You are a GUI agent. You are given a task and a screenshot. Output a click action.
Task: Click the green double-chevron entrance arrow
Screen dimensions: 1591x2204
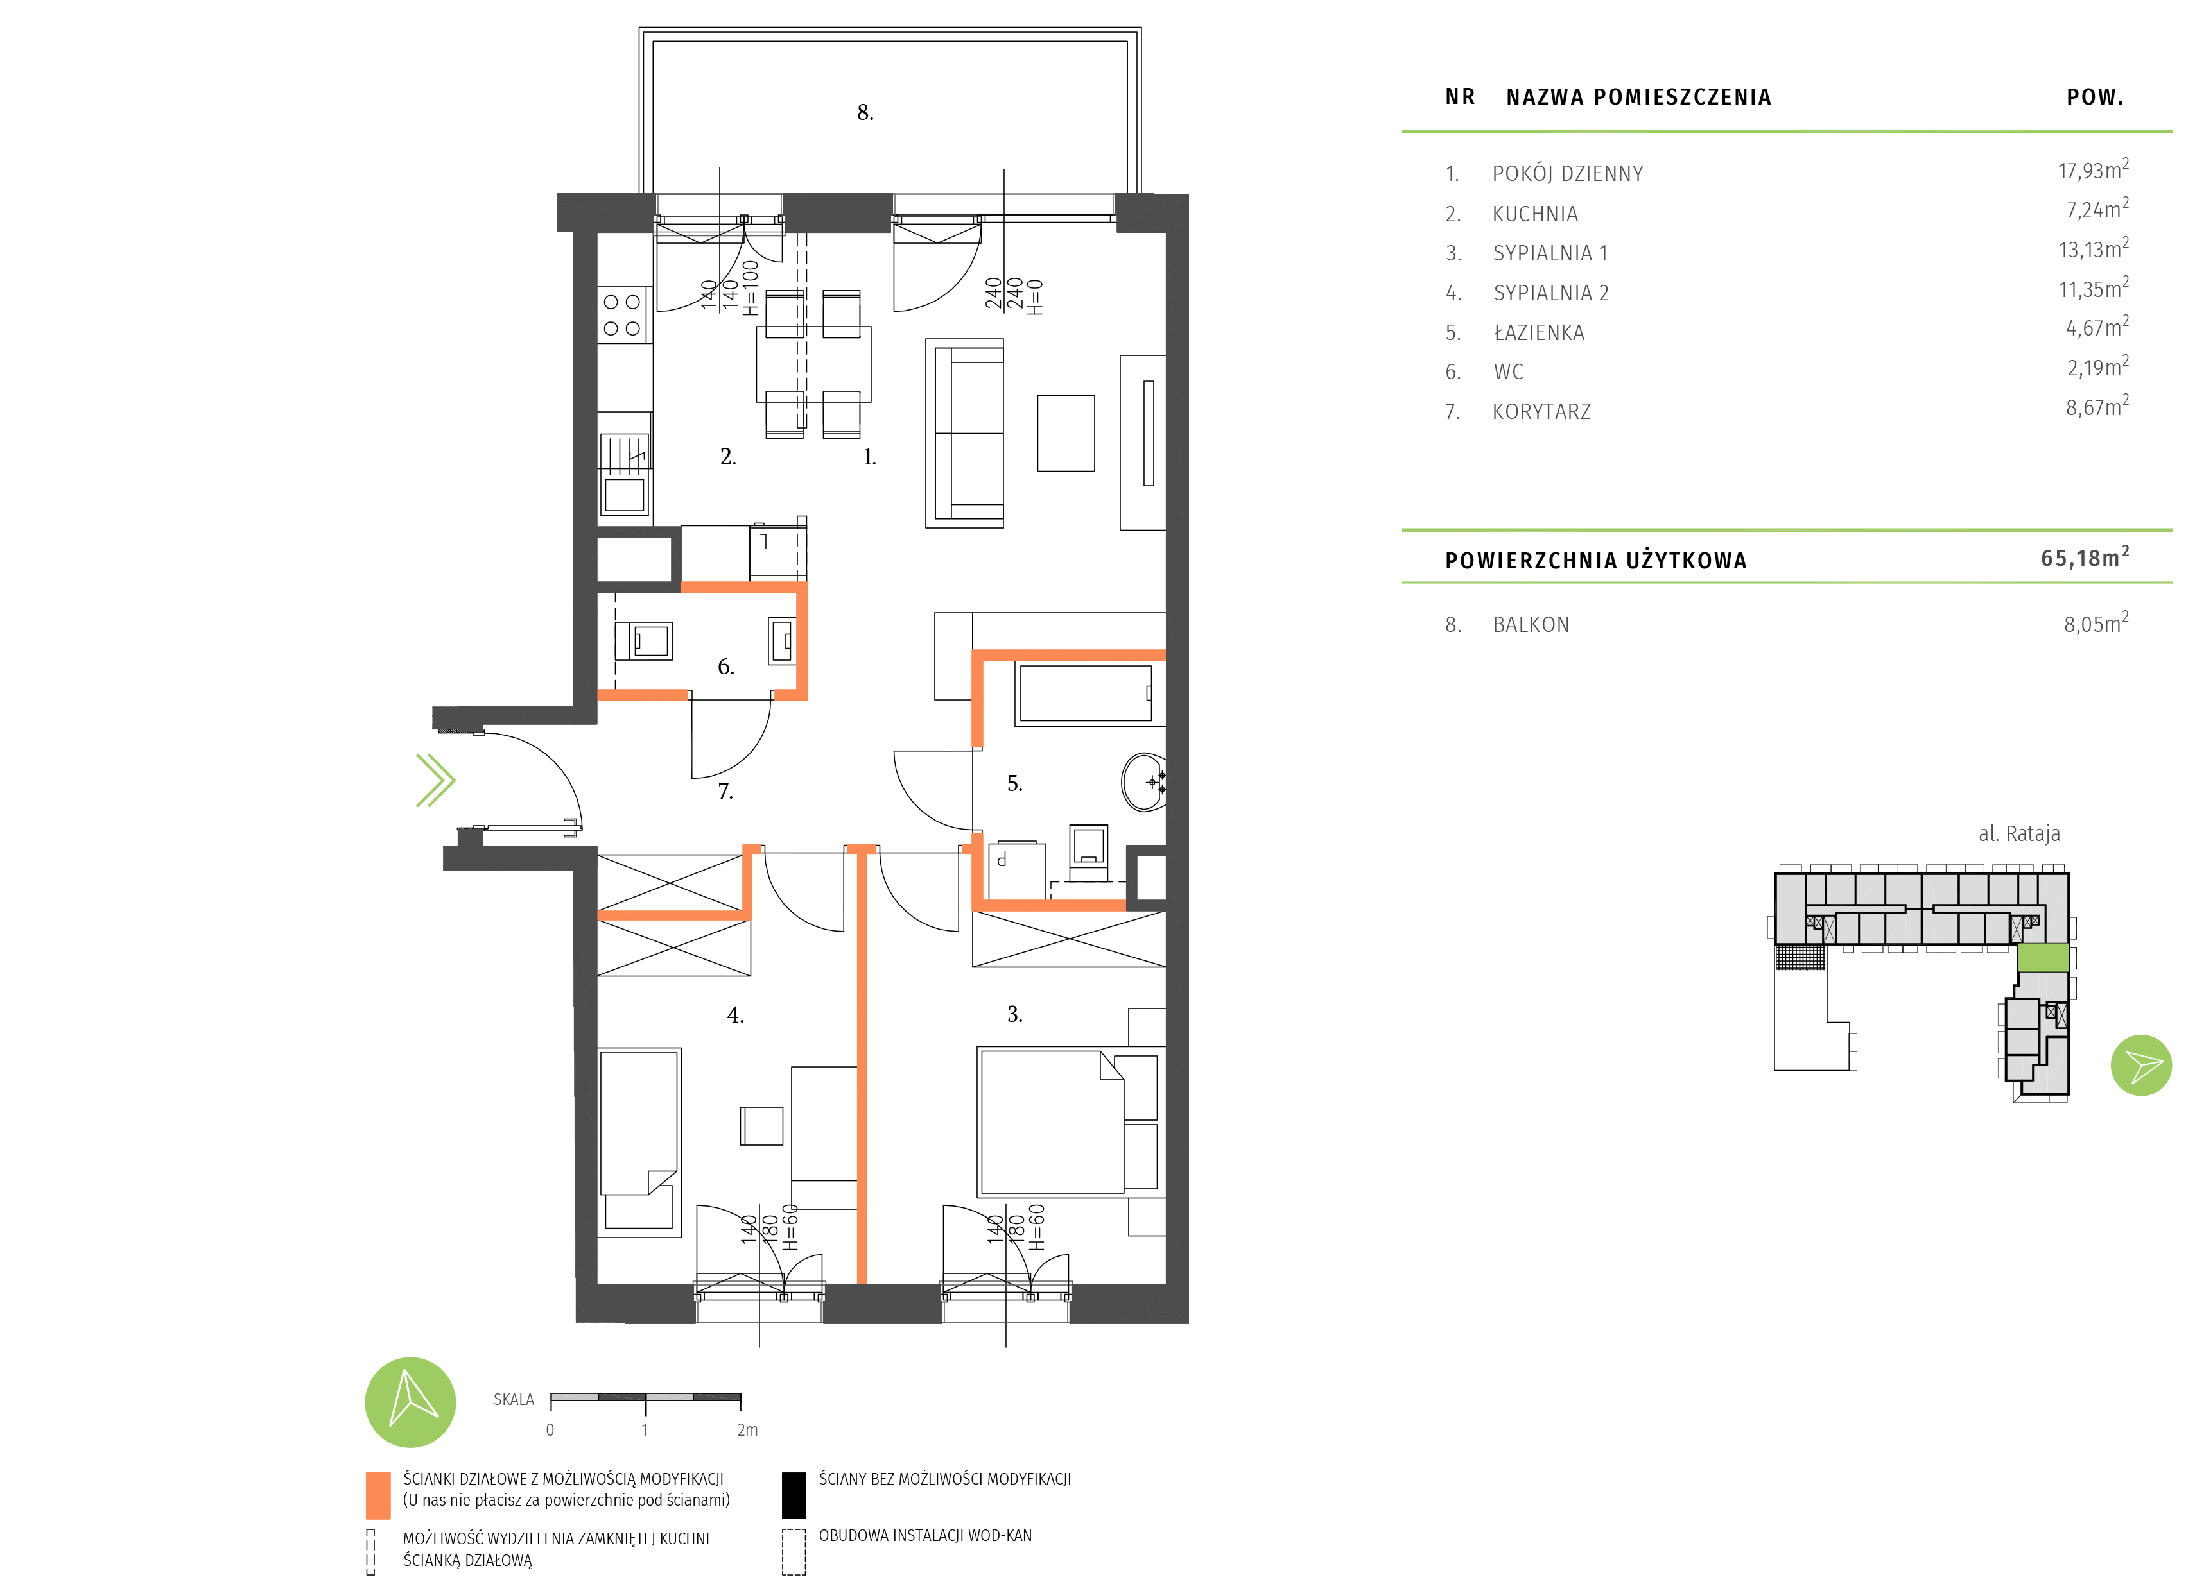[x=435, y=780]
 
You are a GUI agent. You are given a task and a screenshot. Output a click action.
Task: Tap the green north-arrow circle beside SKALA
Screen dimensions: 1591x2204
[x=410, y=1402]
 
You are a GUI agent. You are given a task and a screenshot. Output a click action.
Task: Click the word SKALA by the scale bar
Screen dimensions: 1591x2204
[x=513, y=1400]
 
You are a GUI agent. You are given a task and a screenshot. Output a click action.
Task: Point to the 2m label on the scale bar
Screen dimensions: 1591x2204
[x=746, y=1430]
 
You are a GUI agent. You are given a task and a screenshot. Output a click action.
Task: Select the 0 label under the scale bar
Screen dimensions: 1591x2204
[x=550, y=1430]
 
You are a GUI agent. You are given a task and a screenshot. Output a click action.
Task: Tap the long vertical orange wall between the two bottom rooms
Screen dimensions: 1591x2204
[x=861, y=1068]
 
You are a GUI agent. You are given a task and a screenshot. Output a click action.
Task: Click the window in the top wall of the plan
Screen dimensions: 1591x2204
[x=719, y=214]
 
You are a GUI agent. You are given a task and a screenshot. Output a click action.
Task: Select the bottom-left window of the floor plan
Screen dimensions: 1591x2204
[x=759, y=1302]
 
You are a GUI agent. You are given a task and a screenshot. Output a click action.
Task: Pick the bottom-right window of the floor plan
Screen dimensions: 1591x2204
[x=1006, y=1302]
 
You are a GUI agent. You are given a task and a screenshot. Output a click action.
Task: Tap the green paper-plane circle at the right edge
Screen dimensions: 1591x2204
[x=2141, y=1066]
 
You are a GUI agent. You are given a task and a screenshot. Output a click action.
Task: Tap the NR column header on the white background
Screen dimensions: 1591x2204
[x=1460, y=97]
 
